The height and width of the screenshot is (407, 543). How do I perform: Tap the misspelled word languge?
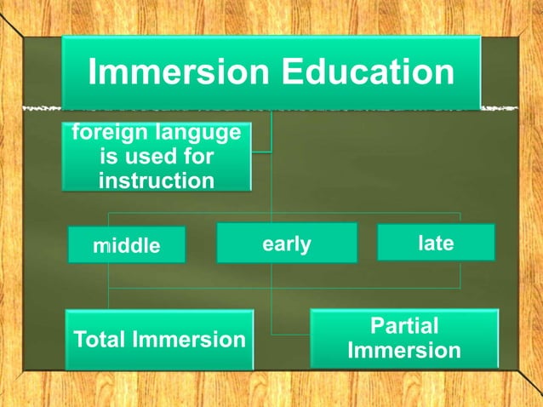[x=201, y=134]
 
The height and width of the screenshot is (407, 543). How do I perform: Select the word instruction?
[x=156, y=181]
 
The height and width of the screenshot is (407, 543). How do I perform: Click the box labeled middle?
[x=126, y=246]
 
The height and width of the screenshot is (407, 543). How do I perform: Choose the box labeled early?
[x=286, y=244]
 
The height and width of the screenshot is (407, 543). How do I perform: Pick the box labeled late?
[x=436, y=243]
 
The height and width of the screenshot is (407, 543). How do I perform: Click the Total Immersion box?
[x=159, y=340]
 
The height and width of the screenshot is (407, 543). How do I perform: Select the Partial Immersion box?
[x=404, y=338]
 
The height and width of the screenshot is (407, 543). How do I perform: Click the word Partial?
[x=404, y=326]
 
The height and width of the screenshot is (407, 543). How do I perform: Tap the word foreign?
[x=109, y=134]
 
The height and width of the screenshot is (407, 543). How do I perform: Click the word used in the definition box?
[x=155, y=158]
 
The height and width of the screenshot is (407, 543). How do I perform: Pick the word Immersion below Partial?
[x=404, y=351]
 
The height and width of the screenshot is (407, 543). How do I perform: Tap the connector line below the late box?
[x=460, y=272]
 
